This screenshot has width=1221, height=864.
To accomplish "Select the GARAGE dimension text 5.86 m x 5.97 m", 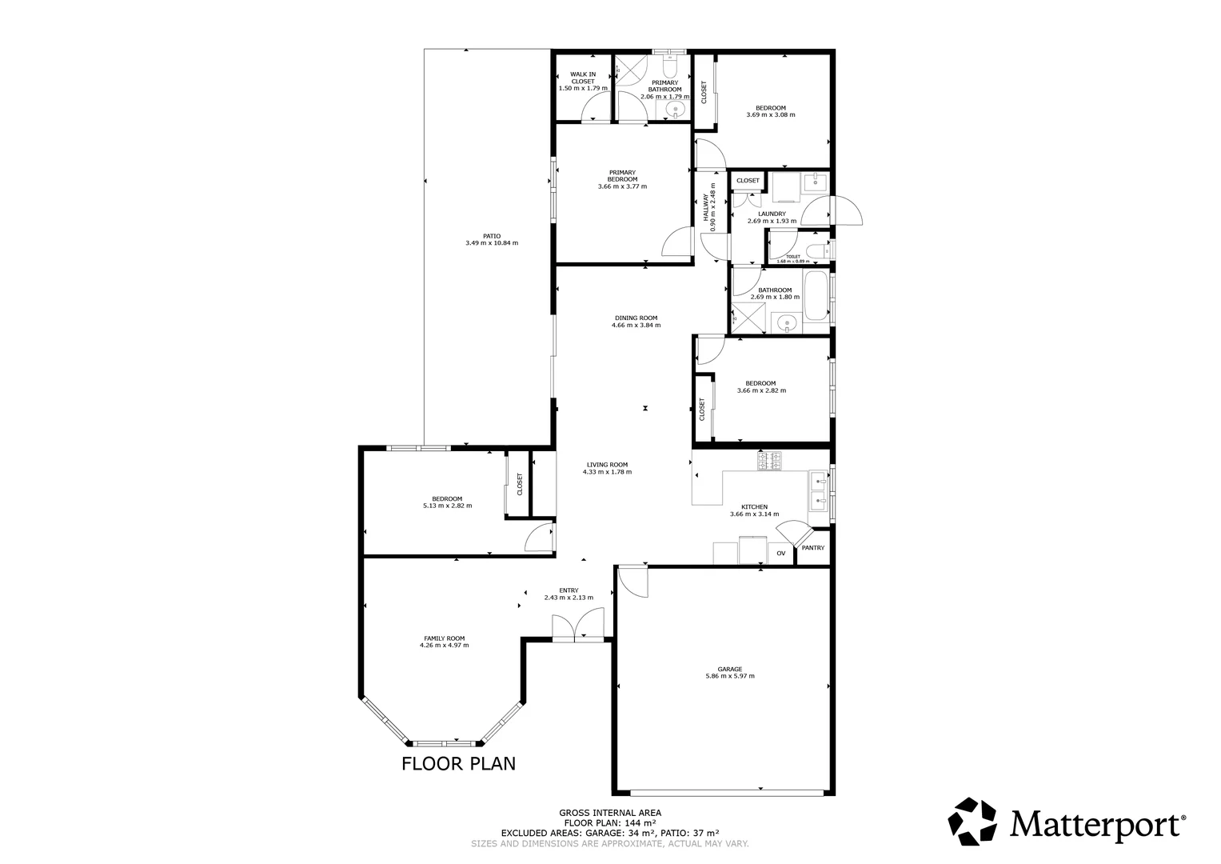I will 729,676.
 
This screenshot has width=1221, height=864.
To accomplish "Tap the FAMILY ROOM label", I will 444,638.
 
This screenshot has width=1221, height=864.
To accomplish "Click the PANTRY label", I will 812,548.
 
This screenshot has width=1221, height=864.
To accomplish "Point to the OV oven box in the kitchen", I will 780,554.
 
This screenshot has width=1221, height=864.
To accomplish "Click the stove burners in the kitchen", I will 771,461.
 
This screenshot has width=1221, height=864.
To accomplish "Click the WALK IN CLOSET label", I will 582,78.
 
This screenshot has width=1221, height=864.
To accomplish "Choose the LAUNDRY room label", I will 766,214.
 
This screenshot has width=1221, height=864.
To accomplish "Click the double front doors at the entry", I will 578,625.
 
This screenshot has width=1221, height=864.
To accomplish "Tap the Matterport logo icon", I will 972,822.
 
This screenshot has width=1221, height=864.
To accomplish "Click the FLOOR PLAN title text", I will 458,763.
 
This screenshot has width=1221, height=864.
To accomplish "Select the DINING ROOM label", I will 636,318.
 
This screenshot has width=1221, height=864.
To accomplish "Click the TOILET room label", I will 792,257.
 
